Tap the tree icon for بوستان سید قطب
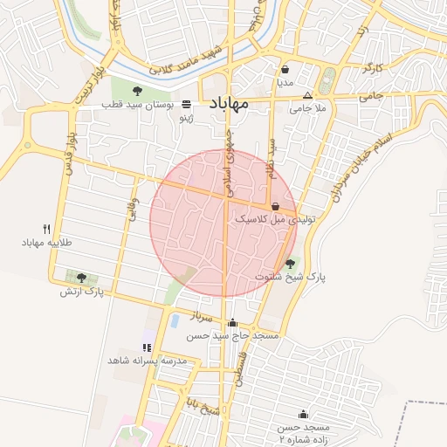coord(136,90)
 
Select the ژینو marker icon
coord(186,104)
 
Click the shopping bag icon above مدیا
coord(285,69)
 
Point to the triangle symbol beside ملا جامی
coord(306,95)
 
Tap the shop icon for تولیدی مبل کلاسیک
coord(276,207)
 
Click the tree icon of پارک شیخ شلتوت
coord(290,262)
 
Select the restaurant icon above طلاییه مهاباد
coord(47,229)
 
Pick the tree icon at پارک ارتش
coord(81,277)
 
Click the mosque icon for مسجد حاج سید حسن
coord(231,322)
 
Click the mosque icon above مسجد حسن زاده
coord(303,414)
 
